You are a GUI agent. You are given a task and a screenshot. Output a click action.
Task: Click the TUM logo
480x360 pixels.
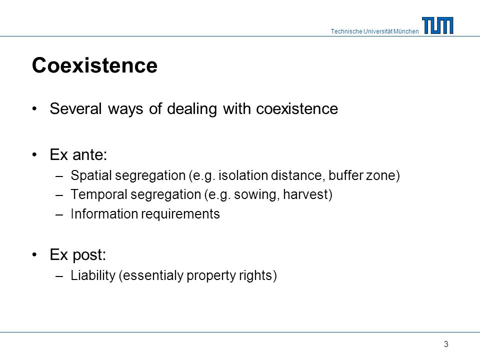point(438,25)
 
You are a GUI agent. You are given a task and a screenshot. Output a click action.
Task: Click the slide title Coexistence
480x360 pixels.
point(94,65)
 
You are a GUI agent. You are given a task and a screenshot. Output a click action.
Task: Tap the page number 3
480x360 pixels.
point(446,344)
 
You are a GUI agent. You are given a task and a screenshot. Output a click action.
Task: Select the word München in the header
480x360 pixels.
point(406,31)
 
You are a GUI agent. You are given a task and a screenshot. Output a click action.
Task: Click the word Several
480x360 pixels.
point(75,108)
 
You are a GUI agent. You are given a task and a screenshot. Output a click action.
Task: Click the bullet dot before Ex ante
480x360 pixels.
point(34,155)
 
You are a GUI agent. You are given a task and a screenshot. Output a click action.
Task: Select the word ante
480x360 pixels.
point(89,154)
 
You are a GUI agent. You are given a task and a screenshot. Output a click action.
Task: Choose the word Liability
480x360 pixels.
point(93,275)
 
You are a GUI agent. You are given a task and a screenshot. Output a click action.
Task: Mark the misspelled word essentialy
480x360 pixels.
point(151,275)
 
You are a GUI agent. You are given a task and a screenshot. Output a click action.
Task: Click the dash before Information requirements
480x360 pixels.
point(59,214)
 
